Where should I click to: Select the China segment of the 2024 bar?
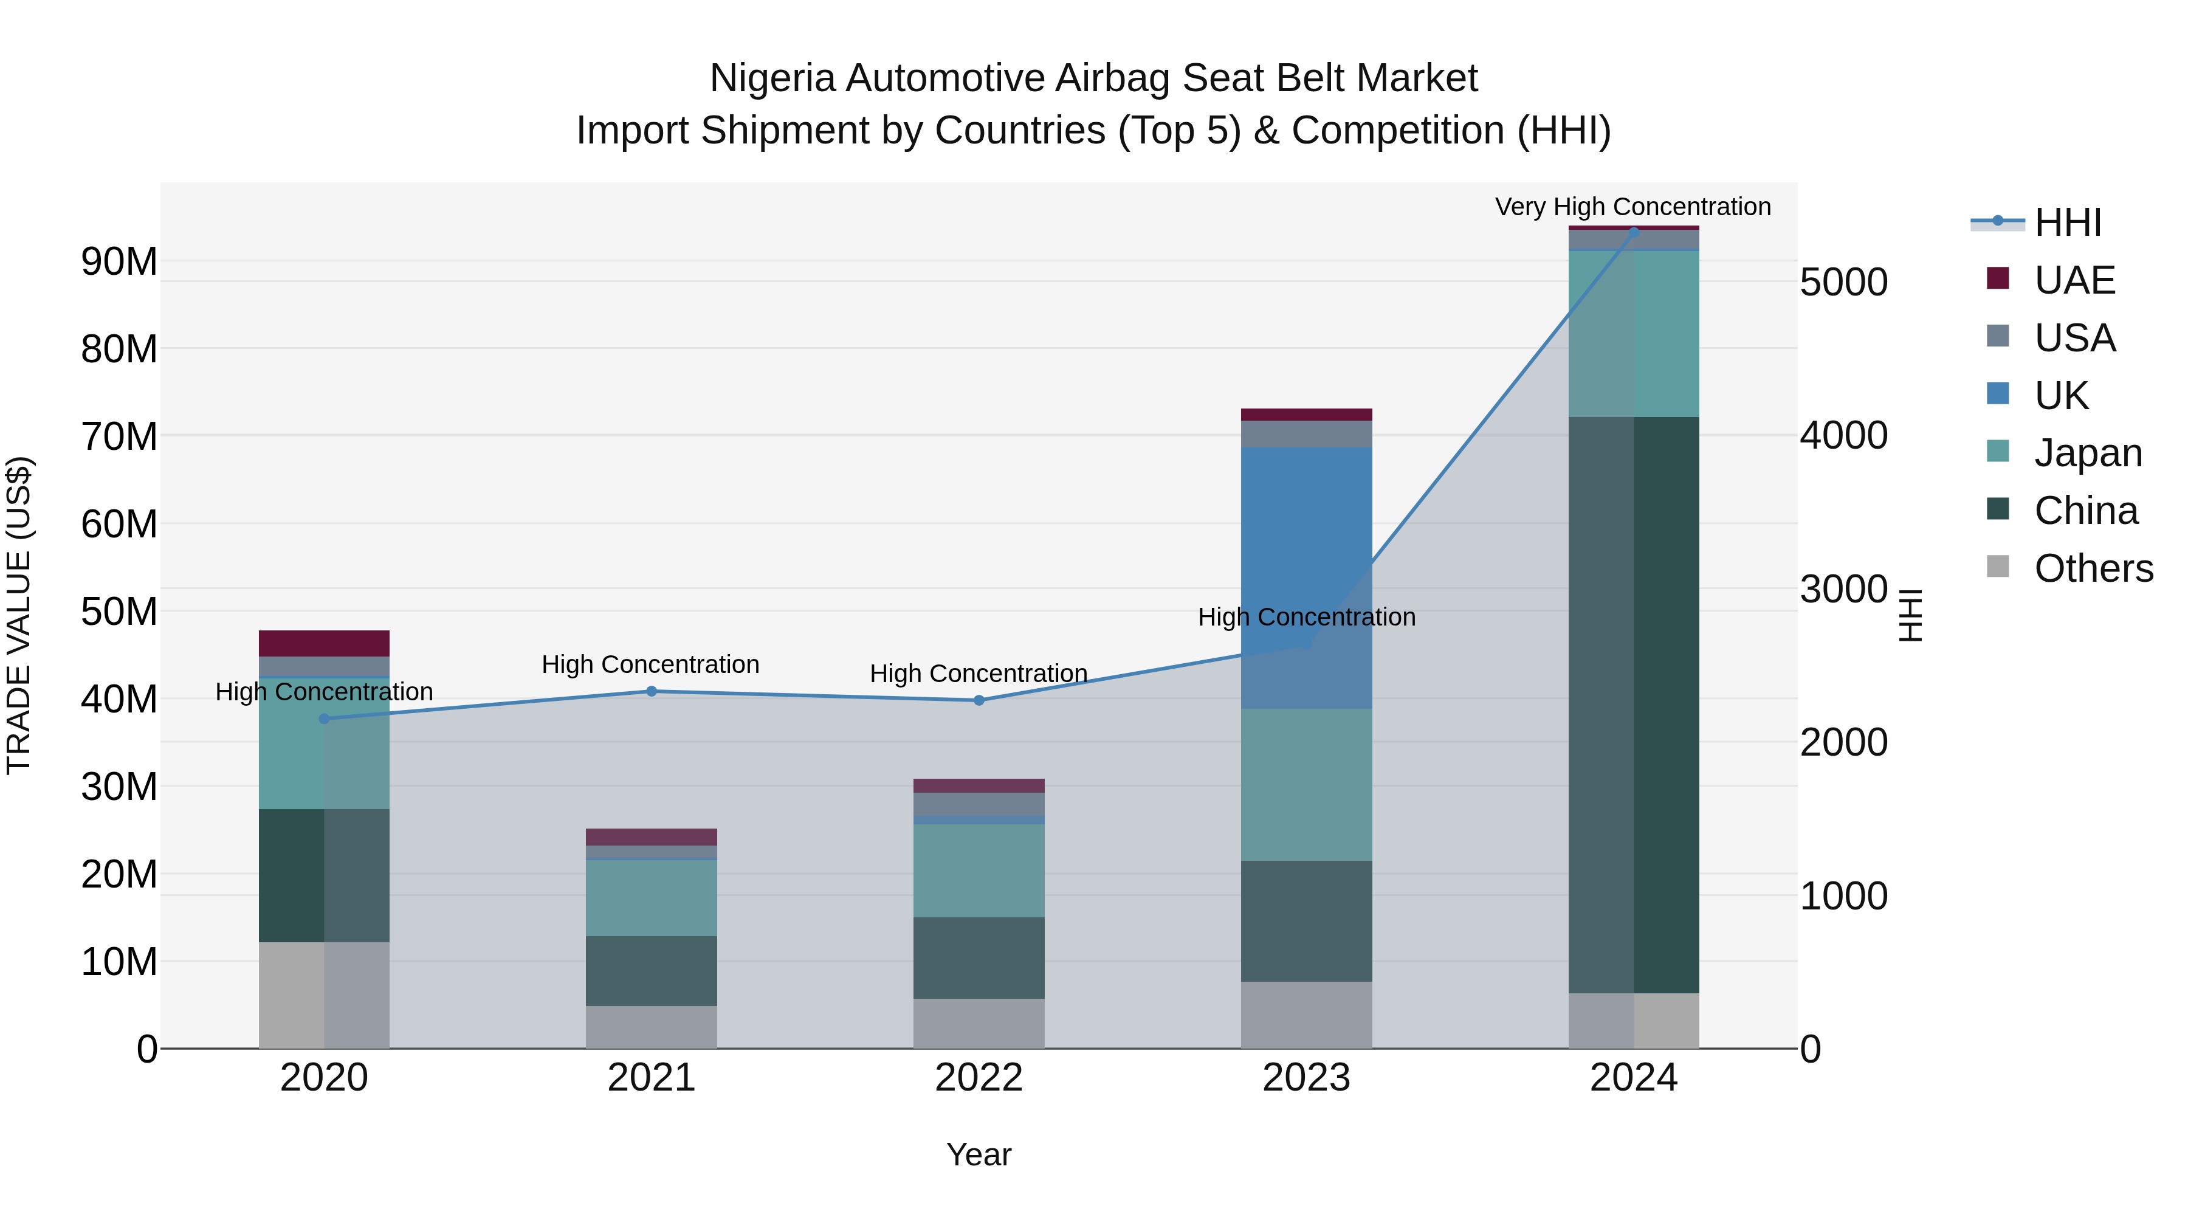coord(1633,705)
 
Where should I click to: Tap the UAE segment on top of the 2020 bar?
coord(323,643)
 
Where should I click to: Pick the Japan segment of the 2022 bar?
coord(979,870)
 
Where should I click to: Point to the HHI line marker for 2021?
coord(652,692)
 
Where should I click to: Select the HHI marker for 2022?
coord(979,701)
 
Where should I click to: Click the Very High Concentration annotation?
coord(1632,207)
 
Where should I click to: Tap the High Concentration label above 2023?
coord(1306,617)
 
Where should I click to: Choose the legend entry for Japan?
coord(2088,453)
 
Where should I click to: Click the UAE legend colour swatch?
coord(1998,278)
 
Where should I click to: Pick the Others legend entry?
coord(2093,568)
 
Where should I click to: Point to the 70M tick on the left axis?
coord(119,436)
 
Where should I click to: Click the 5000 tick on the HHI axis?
coord(1843,282)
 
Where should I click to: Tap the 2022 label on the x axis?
coord(979,1078)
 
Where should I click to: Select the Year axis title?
coord(979,1154)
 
